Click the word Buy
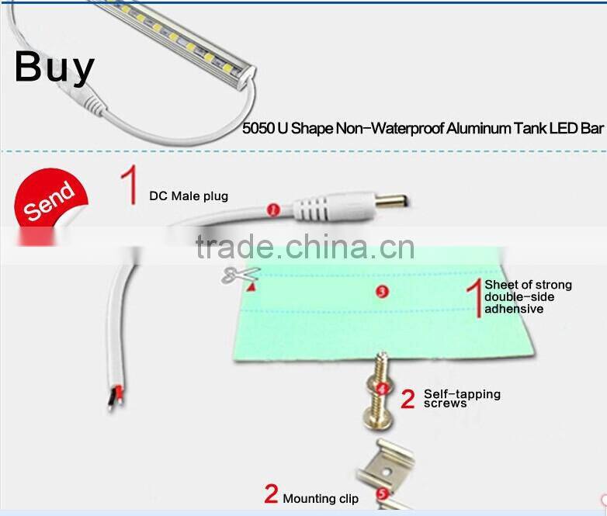54,67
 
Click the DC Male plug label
189,196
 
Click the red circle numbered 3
381,291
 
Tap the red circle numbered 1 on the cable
272,209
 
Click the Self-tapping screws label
462,398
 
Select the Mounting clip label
321,499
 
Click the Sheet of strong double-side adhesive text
528,296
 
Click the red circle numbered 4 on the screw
381,387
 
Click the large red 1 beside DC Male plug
129,184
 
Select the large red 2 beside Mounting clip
271,493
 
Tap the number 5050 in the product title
258,129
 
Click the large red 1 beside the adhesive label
473,298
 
